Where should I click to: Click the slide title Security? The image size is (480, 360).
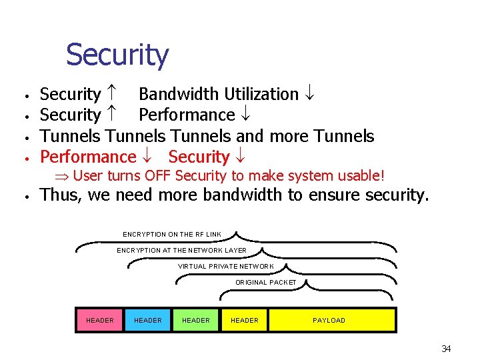coord(117,55)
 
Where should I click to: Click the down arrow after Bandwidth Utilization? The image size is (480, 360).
coord(309,95)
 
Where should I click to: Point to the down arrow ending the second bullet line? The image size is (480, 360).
coord(245,115)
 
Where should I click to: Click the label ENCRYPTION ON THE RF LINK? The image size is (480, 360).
coord(172,235)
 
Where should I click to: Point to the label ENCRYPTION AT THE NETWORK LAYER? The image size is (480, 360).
coord(181,251)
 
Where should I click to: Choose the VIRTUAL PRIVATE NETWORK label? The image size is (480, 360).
coord(225,267)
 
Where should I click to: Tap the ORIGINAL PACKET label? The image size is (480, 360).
coord(265,283)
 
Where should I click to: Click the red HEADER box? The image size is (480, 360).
coord(99,321)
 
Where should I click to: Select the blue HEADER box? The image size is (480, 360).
coord(147,321)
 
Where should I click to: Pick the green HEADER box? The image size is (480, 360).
coord(195,321)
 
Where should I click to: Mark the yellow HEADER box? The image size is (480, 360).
coord(244,321)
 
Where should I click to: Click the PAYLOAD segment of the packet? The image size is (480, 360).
coord(329,321)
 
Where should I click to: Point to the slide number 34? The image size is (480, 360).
coord(446,349)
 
